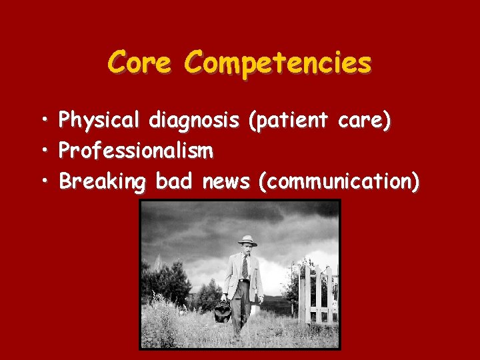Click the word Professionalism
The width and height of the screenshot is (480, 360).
tap(136, 152)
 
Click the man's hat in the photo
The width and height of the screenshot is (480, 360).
tap(247, 240)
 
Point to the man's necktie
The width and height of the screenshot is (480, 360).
tap(245, 267)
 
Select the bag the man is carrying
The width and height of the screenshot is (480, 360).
tap(223, 311)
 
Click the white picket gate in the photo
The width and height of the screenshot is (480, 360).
tap(318, 294)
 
